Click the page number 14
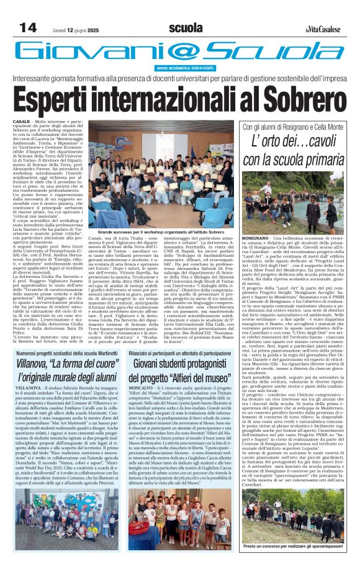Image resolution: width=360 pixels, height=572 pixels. point(28,28)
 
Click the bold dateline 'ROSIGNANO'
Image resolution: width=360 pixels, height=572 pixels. point(255,238)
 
